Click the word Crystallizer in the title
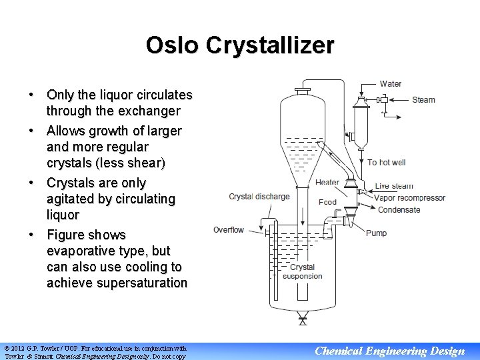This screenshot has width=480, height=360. [x=270, y=45]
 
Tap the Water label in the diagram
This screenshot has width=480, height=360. [x=391, y=84]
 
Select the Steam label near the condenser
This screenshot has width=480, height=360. [x=423, y=100]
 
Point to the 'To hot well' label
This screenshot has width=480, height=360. [x=387, y=162]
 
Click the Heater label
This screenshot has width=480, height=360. [x=327, y=182]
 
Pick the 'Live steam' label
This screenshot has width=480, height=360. [x=394, y=186]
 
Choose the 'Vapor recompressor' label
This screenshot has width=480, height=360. [x=409, y=198]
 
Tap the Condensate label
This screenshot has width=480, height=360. [x=399, y=210]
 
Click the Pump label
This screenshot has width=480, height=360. [x=376, y=233]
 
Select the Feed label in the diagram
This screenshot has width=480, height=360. [x=327, y=202]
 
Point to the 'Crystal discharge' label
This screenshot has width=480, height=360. [x=259, y=197]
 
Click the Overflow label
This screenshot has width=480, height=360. [x=229, y=230]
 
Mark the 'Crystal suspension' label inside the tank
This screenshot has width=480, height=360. [x=303, y=271]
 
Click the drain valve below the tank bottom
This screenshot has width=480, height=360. [x=303, y=321]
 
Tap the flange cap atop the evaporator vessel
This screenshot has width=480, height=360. [x=302, y=89]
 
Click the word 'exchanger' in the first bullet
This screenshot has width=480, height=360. [x=147, y=111]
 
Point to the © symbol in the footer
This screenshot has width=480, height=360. [x=7, y=348]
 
